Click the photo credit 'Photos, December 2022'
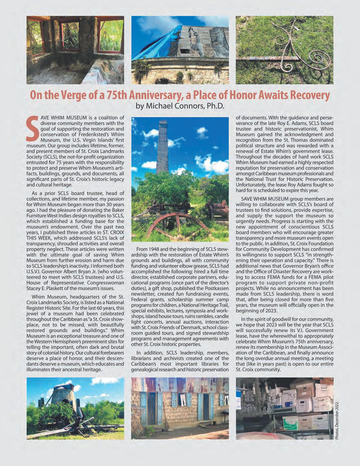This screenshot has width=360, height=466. pos(337,421)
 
